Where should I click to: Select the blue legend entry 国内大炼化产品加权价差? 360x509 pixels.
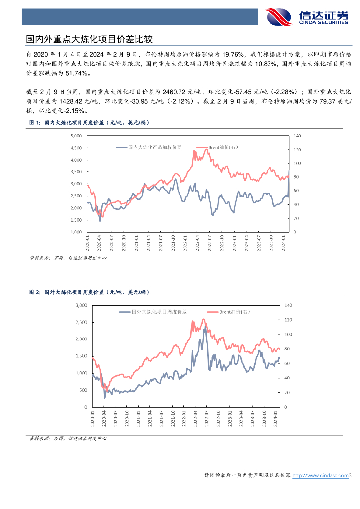pyautogui.click(x=149, y=147)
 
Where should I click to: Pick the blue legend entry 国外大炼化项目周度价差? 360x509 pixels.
pyautogui.click(x=154, y=312)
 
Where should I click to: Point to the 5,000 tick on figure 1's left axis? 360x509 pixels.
pyautogui.click(x=75, y=136)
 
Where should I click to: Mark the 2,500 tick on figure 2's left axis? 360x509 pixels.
pyautogui.click(x=81, y=322)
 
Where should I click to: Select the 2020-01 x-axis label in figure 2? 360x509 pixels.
pyautogui.click(x=93, y=417)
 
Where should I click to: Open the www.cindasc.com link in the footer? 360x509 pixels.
pyautogui.click(x=320, y=476)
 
